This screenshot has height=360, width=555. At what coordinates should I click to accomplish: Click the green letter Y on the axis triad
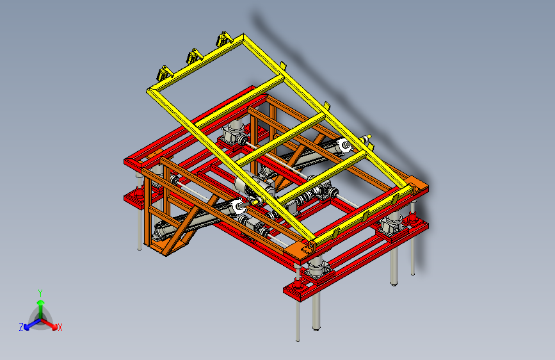pyautogui.click(x=40, y=293)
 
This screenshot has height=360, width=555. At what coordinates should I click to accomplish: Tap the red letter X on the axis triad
pyautogui.click(x=60, y=328)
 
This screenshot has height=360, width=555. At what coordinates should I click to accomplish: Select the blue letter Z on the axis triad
pyautogui.click(x=21, y=327)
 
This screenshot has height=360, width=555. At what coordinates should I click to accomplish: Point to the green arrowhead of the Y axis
pyautogui.click(x=41, y=302)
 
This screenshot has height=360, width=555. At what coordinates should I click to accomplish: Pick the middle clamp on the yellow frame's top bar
pyautogui.click(x=195, y=56)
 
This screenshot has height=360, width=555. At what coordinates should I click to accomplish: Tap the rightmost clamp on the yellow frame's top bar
pyautogui.click(x=224, y=39)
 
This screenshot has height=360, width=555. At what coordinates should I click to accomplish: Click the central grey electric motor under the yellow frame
pyautogui.click(x=253, y=185)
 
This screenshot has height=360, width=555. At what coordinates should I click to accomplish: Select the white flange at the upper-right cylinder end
pyautogui.click(x=344, y=145)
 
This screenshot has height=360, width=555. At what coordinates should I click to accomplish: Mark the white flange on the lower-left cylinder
pyautogui.click(x=239, y=207)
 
